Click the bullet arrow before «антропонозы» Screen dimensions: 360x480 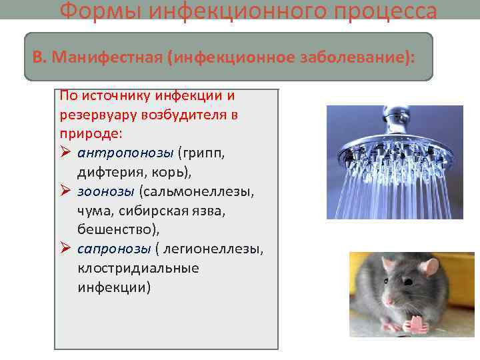(x=65, y=153)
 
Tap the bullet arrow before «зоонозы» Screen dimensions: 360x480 (x=65, y=192)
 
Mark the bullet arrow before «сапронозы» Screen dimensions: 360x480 (x=65, y=249)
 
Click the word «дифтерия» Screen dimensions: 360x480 (x=107, y=172)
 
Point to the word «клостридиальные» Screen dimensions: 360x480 (x=138, y=268)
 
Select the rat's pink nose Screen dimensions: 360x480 (x=388, y=302)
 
